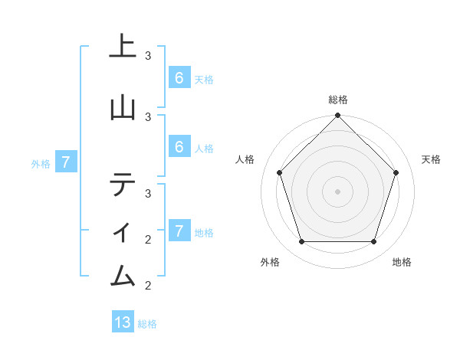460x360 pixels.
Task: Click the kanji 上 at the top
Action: [123, 45]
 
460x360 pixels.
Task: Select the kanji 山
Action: [123, 106]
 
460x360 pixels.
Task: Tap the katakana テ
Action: [123, 185]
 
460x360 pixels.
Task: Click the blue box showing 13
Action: [123, 322]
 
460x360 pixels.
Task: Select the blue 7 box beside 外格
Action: [67, 162]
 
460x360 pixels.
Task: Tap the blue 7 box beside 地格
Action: [179, 231]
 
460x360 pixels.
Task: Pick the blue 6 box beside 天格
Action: [179, 78]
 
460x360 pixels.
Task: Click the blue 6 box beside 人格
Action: [179, 147]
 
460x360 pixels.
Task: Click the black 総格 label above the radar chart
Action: [337, 100]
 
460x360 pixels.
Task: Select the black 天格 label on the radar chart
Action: [431, 159]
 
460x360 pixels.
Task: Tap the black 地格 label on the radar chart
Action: [402, 262]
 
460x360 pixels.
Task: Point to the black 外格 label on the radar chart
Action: [270, 262]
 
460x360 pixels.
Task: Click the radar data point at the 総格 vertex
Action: [337, 116]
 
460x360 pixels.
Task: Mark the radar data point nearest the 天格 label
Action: [396, 172]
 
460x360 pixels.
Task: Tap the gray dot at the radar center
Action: [337, 191]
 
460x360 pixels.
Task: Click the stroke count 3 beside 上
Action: [148, 56]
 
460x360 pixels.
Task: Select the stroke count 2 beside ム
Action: [148, 286]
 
